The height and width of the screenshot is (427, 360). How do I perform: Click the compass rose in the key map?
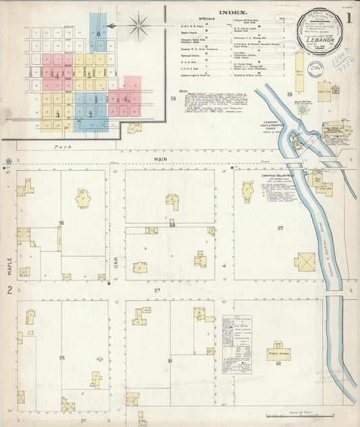(139, 26)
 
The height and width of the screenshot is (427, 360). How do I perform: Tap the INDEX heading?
(233, 12)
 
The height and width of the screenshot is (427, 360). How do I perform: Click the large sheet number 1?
(349, 14)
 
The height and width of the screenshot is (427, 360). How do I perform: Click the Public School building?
(278, 351)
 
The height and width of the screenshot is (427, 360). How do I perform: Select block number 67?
(280, 228)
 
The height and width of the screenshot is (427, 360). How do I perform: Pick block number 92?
(278, 364)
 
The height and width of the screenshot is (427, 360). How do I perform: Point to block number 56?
(61, 222)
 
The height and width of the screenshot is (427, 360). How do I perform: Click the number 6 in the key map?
(98, 33)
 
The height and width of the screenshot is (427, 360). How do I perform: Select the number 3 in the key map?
(57, 115)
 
